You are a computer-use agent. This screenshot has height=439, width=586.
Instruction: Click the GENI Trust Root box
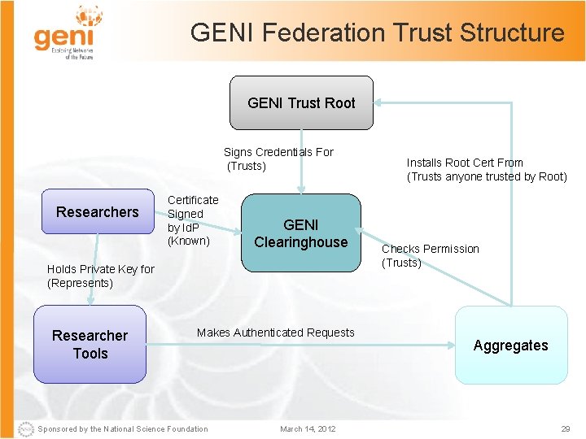(301, 103)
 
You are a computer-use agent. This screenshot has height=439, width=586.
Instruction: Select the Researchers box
(97, 212)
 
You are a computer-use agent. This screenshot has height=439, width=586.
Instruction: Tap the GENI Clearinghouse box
(300, 233)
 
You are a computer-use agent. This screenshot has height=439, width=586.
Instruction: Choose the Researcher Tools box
(90, 345)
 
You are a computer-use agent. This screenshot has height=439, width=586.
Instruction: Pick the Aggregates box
(510, 346)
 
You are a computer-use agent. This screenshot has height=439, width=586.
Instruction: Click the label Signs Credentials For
(278, 152)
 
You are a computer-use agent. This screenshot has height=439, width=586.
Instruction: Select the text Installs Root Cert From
(465, 163)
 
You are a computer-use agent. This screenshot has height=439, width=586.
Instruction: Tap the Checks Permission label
(431, 249)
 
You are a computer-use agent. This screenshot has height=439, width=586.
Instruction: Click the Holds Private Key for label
(100, 269)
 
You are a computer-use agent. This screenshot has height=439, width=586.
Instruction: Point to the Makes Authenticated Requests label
(275, 333)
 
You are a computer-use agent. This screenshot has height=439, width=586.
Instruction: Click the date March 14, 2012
(307, 429)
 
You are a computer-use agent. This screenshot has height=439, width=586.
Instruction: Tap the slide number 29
(566, 429)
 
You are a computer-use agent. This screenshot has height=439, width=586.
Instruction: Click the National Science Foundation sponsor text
(123, 429)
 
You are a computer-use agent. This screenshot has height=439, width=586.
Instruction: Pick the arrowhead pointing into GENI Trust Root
(380, 103)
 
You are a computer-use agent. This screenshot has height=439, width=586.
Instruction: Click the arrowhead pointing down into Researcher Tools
(90, 300)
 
